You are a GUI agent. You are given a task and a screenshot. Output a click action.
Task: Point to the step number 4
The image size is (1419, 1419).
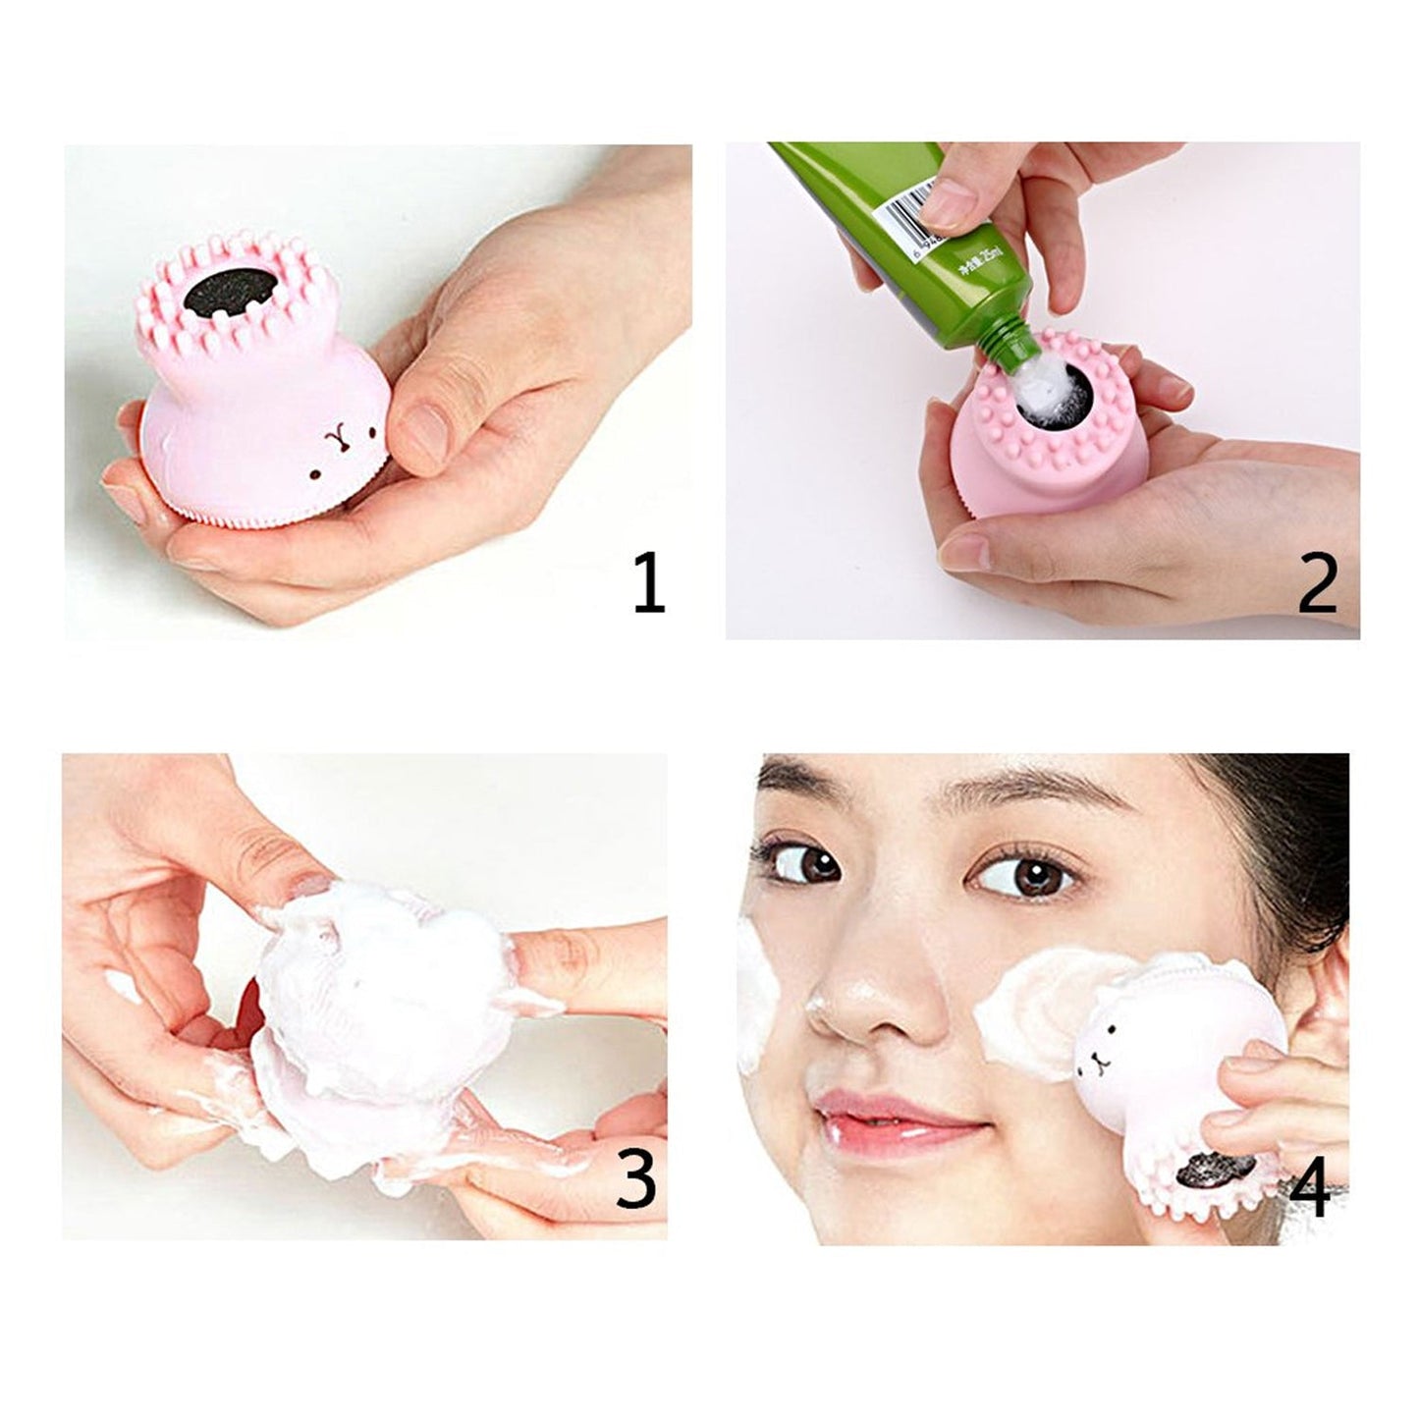[x=1309, y=1188]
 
